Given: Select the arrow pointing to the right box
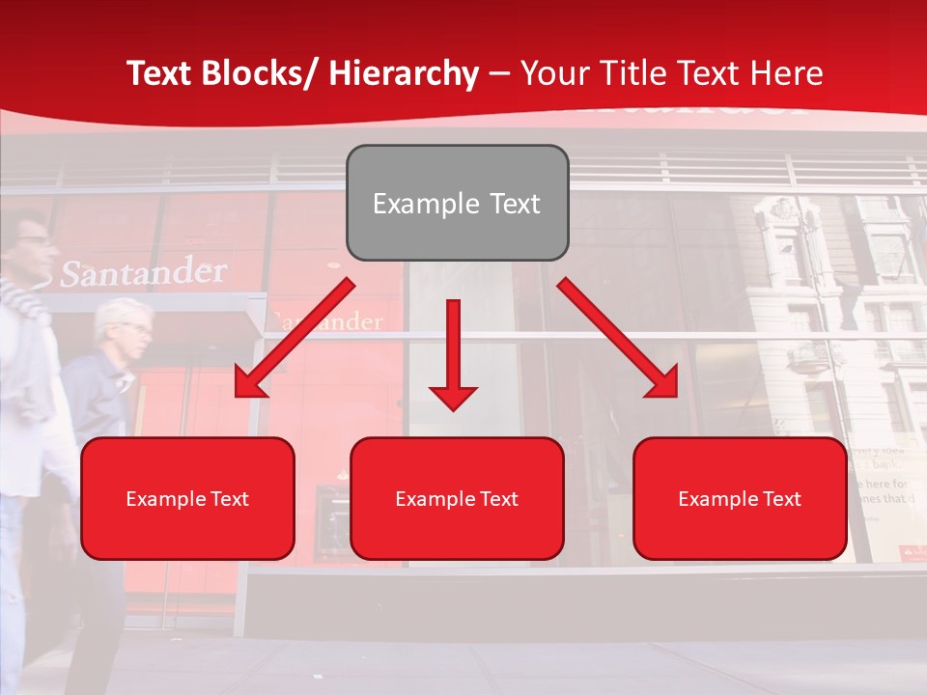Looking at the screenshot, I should point(618,338).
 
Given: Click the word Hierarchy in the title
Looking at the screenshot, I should point(404,74).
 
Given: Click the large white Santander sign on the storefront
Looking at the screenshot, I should point(143,273).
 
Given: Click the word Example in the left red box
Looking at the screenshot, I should point(160,499).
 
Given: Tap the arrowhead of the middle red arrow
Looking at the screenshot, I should point(453,398).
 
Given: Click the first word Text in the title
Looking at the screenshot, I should point(162,74).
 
